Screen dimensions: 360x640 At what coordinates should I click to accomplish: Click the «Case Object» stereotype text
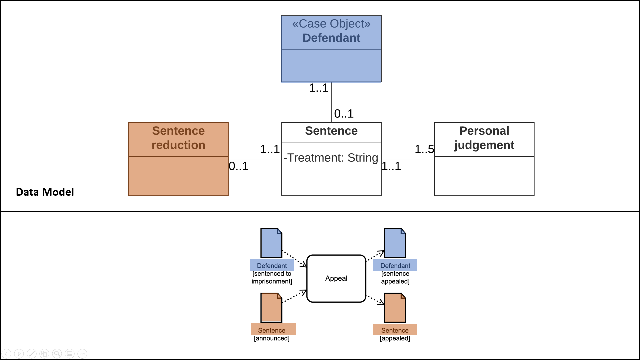(331, 24)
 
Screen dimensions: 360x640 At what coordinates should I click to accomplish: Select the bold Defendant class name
(331, 38)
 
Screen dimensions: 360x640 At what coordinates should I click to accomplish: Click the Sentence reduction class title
(178, 138)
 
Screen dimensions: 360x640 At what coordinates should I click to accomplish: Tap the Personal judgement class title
(484, 138)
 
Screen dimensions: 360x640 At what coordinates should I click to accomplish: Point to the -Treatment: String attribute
(331, 158)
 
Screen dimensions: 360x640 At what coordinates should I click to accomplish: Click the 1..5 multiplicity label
(424, 149)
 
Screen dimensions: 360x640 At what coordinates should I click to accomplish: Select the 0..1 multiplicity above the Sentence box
(344, 114)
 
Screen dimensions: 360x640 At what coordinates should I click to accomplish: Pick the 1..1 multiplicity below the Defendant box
(319, 88)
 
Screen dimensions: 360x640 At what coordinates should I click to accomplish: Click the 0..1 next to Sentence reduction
(238, 166)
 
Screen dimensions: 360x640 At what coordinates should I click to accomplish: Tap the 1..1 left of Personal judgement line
(391, 166)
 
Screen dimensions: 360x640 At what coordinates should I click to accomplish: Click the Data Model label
(45, 192)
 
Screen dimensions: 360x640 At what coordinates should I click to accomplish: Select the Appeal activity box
(336, 278)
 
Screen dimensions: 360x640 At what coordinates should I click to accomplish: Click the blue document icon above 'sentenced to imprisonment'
(271, 243)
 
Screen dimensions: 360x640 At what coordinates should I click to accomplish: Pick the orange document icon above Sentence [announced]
(271, 308)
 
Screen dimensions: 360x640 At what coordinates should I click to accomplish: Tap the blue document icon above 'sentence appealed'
(395, 243)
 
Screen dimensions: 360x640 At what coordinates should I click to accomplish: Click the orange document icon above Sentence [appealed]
(395, 308)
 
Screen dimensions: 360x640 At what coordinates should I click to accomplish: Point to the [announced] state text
(272, 338)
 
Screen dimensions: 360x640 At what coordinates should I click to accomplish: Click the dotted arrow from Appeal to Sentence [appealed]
(376, 300)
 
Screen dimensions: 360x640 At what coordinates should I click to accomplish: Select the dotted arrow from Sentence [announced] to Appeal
(294, 296)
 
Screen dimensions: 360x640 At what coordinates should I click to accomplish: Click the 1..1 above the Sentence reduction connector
(270, 149)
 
